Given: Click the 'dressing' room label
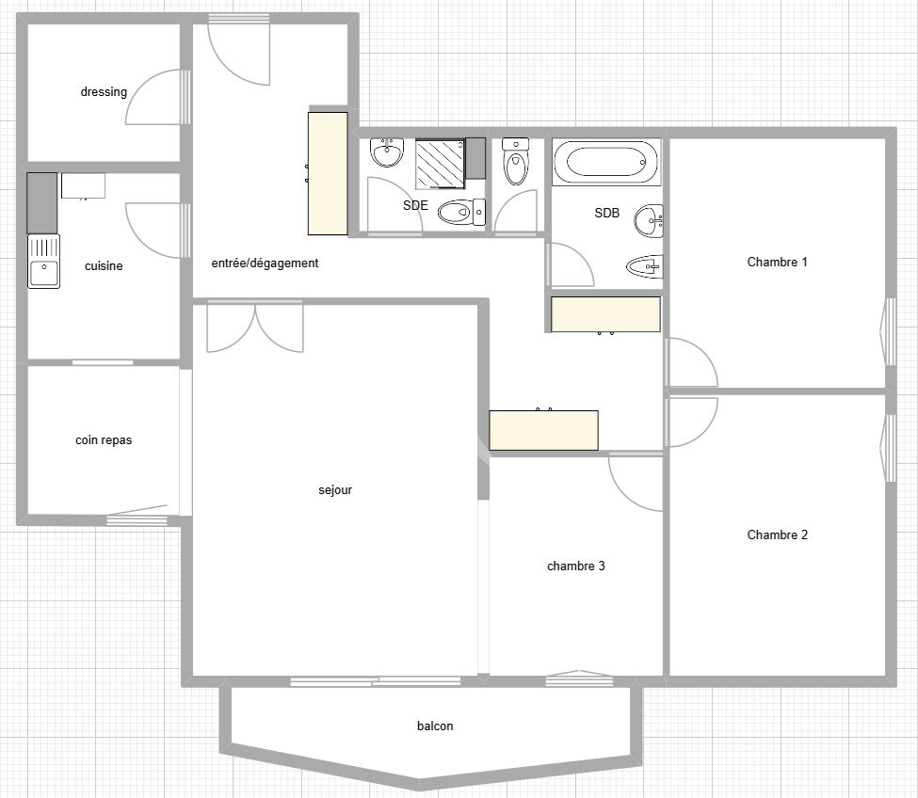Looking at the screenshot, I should (x=104, y=92).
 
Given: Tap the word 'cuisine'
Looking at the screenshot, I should (x=104, y=266).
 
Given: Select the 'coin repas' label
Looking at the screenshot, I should (x=104, y=439).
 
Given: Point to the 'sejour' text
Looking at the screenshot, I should (x=335, y=490).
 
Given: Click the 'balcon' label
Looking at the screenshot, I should (x=435, y=726).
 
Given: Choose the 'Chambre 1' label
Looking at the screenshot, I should (x=777, y=263).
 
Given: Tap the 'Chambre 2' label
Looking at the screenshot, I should (x=777, y=535).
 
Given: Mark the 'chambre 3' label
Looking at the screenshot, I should (x=575, y=567).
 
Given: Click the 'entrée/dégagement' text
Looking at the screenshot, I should (x=265, y=263).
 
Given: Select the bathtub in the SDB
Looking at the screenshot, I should (x=606, y=163).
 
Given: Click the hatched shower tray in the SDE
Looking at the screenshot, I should (x=440, y=164).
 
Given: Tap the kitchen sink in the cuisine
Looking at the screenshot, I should (x=43, y=262).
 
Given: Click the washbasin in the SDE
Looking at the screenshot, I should (x=386, y=152).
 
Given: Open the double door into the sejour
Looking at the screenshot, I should (x=254, y=327).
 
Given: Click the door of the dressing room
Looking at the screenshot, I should (x=155, y=97).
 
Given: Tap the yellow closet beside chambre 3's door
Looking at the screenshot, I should (x=543, y=430).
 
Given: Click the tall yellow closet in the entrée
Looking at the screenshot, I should (x=328, y=174).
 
